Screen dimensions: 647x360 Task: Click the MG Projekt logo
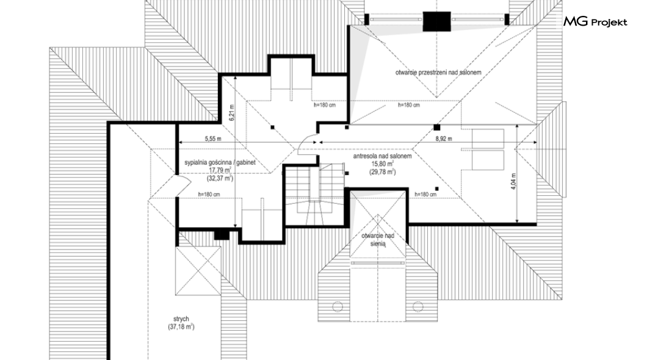coord(595,22)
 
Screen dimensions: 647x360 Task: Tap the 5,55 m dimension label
coord(213,139)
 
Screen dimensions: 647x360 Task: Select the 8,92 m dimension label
coord(444,139)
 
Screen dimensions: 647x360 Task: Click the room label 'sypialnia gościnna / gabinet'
coord(220,162)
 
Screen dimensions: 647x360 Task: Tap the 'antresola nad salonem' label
coord(382,156)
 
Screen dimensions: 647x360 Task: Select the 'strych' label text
coord(181,319)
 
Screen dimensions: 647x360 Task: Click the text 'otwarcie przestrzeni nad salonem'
coord(438,73)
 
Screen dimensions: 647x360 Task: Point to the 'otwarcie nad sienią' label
coord(378,240)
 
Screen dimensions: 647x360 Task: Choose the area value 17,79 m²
coord(220,170)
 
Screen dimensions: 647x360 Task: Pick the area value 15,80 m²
coord(382,164)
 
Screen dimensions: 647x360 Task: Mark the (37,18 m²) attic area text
coord(181,326)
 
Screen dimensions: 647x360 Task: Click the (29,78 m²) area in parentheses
coord(382,172)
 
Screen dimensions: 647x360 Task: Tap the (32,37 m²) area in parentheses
coord(220,178)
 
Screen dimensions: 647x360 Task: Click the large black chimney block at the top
coord(436,21)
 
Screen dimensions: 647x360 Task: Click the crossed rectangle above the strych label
coord(198,271)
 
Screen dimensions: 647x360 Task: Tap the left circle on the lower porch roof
coord(338,306)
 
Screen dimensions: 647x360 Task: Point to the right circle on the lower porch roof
coord(418,306)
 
